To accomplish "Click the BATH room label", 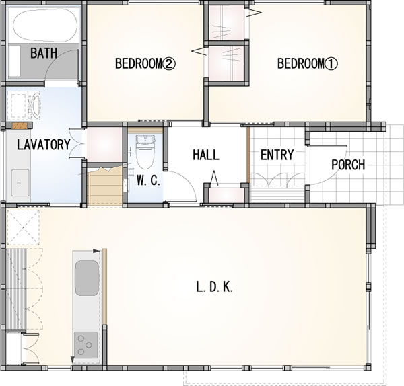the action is [x=44, y=53].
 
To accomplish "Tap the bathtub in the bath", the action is [x=45, y=25].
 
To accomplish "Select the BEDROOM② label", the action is [x=145, y=63].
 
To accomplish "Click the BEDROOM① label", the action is [x=308, y=63].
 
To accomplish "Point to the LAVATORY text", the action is [x=44, y=145].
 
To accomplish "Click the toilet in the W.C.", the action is [x=145, y=152].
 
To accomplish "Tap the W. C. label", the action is [x=148, y=180].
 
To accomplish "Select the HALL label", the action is [x=206, y=155].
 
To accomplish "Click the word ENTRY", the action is [x=277, y=155].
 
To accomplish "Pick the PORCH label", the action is [x=348, y=165].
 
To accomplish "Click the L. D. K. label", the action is [x=214, y=287].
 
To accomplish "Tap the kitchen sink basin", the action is [x=87, y=278].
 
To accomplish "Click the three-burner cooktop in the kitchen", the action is [x=86, y=345].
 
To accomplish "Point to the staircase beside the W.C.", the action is [x=104, y=186].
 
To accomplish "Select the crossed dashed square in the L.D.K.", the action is [x=23, y=227].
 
